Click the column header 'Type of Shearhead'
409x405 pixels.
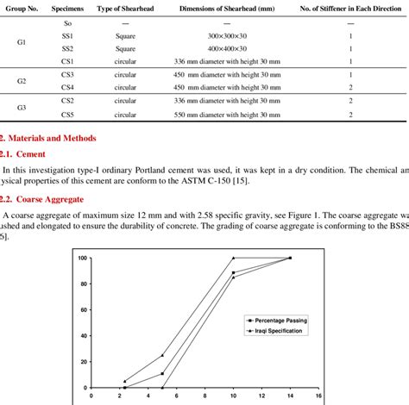click(x=120, y=8)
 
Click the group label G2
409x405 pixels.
click(x=22, y=81)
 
